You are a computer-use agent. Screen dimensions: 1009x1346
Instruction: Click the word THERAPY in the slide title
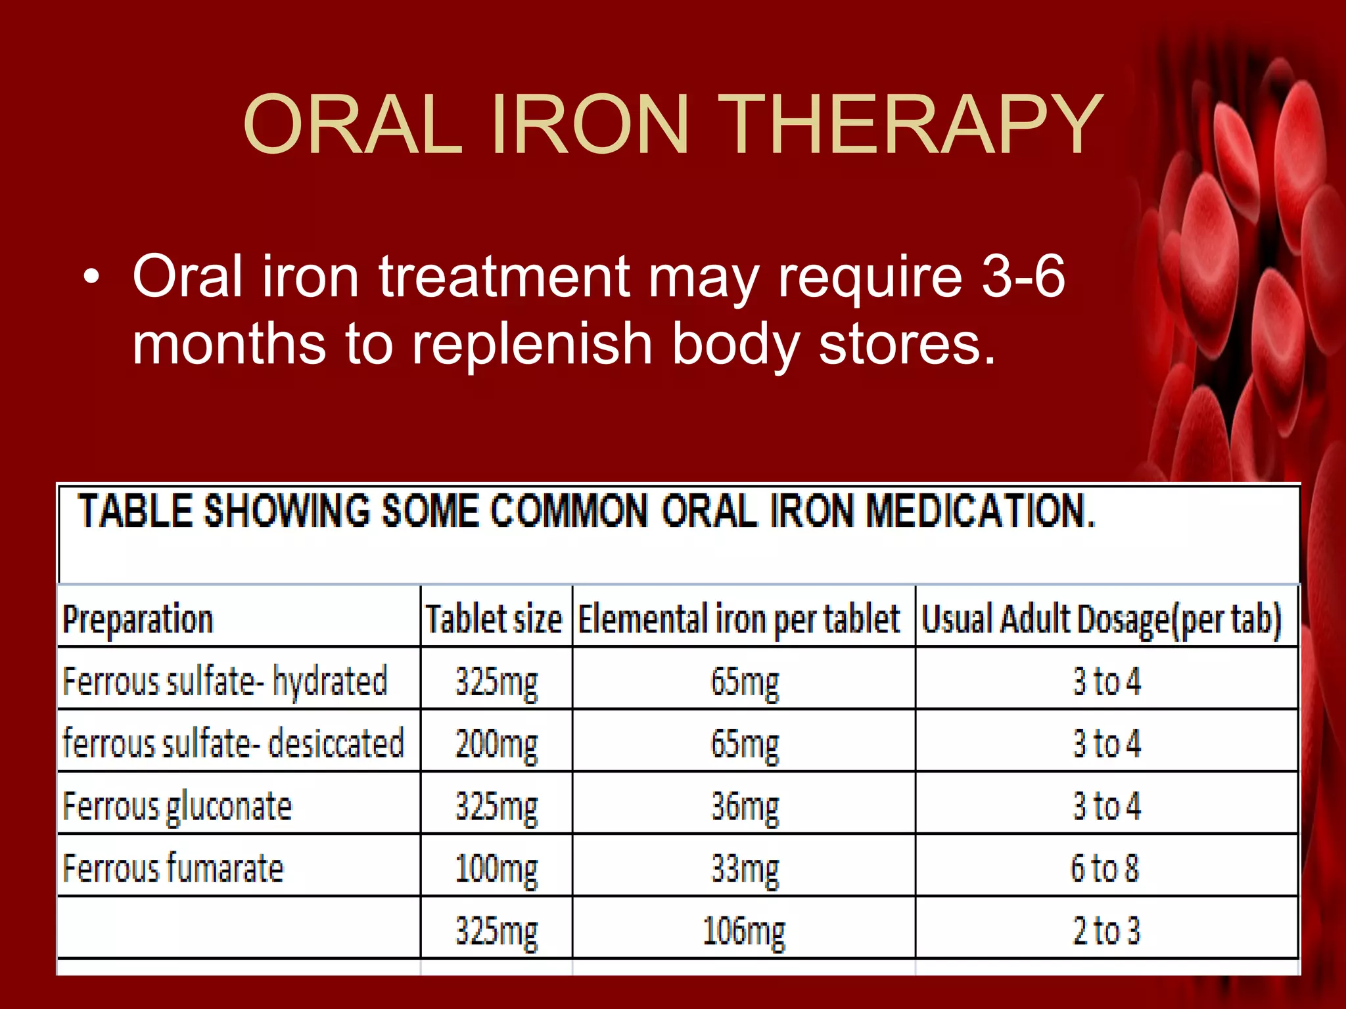coord(910,125)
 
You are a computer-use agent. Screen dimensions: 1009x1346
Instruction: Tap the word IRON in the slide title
coord(589,125)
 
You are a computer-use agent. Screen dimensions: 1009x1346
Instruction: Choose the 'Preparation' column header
coord(138,619)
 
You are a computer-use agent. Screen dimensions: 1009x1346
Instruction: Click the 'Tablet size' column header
coord(494,619)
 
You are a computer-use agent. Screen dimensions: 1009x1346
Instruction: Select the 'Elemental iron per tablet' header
coord(739,619)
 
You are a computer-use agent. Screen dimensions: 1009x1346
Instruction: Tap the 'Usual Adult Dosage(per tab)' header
coord(1102,619)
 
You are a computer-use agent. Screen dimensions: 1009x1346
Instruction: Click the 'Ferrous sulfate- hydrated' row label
coord(225,681)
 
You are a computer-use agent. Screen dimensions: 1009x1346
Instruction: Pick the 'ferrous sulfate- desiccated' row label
coord(233,743)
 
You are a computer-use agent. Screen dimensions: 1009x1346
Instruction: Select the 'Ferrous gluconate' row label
coord(177,805)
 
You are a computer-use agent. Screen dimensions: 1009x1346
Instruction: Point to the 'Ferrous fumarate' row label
coord(173,868)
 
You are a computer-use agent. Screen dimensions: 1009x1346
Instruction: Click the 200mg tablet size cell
coord(496,744)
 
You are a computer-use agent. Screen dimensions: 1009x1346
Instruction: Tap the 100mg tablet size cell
coord(496,869)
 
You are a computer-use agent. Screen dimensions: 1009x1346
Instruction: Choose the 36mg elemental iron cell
coord(745,807)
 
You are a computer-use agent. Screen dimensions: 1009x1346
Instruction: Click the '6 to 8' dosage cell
coord(1105,868)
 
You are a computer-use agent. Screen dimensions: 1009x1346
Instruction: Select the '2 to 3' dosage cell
coord(1106,930)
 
